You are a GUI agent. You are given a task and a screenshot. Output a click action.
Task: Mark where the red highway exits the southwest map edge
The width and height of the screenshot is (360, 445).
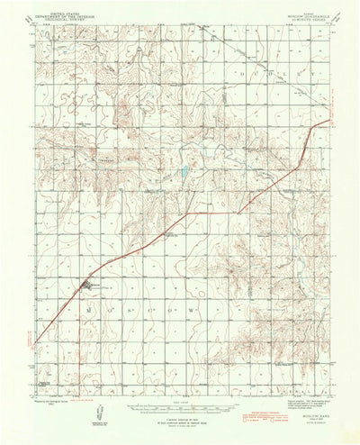click(x=37, y=341)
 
